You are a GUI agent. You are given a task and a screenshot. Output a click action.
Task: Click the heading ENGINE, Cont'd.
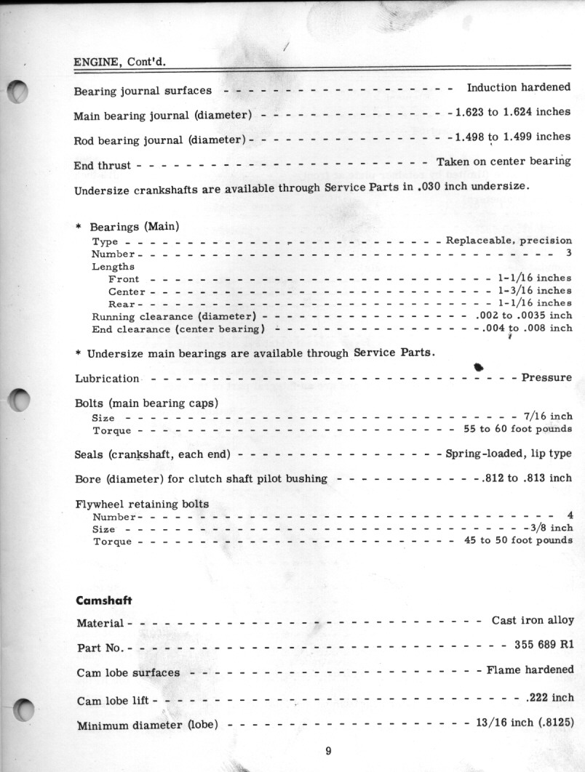119,61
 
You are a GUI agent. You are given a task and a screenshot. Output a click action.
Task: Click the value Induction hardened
518,87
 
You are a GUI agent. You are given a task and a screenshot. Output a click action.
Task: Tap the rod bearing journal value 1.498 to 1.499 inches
512,137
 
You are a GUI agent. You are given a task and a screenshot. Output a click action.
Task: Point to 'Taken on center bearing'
503,161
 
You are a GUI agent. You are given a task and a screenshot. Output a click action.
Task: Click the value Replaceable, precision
508,241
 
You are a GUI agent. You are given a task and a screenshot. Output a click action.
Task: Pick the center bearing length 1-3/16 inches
534,291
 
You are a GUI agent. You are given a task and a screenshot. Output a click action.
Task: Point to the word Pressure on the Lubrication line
546,378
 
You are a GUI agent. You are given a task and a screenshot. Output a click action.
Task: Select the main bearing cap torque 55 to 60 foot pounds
517,429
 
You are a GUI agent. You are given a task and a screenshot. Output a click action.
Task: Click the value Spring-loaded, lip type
508,454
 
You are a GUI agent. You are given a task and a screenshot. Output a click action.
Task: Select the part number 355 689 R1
544,645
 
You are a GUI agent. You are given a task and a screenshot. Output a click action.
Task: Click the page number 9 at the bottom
328,751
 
